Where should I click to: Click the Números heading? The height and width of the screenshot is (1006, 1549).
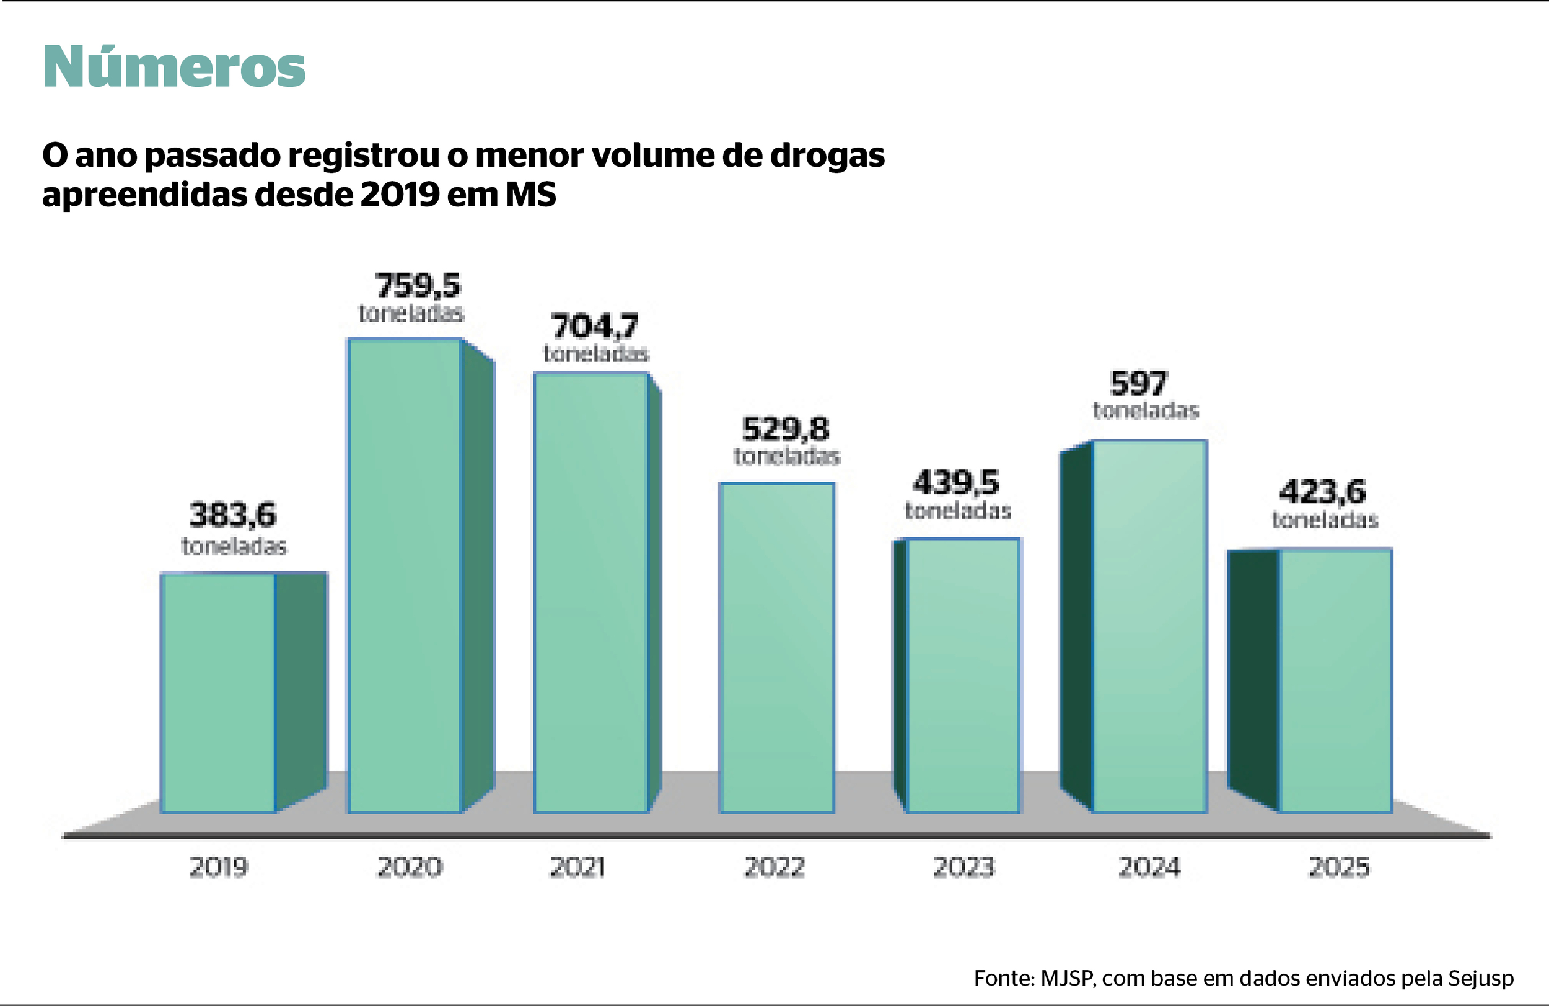(x=173, y=67)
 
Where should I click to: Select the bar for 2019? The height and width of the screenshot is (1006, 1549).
(x=219, y=693)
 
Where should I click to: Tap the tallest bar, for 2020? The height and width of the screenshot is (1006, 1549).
(x=405, y=576)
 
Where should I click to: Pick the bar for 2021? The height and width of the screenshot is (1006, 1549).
(x=591, y=593)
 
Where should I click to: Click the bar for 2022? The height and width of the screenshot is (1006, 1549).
(x=776, y=647)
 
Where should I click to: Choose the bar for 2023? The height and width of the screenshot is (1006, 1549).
(x=963, y=675)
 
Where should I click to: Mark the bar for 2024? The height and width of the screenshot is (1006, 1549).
(x=1149, y=627)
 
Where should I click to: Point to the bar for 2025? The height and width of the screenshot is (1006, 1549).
(x=1335, y=681)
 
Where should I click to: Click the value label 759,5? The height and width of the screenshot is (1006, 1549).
(x=418, y=285)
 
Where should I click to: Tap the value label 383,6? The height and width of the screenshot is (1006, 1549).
(x=233, y=515)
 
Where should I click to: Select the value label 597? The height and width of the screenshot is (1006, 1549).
(x=1138, y=384)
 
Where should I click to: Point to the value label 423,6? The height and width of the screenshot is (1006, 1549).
(x=1322, y=492)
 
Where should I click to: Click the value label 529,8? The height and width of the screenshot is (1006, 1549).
(x=786, y=429)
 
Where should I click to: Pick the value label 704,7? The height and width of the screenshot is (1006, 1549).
(x=595, y=326)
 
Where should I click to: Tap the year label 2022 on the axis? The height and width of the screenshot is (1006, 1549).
(x=774, y=867)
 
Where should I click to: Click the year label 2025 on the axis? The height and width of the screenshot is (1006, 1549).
(x=1339, y=867)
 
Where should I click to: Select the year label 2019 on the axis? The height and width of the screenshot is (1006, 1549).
(x=219, y=867)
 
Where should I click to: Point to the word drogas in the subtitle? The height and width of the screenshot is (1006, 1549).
(x=827, y=155)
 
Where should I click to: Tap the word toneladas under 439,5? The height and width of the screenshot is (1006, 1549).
(x=958, y=511)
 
